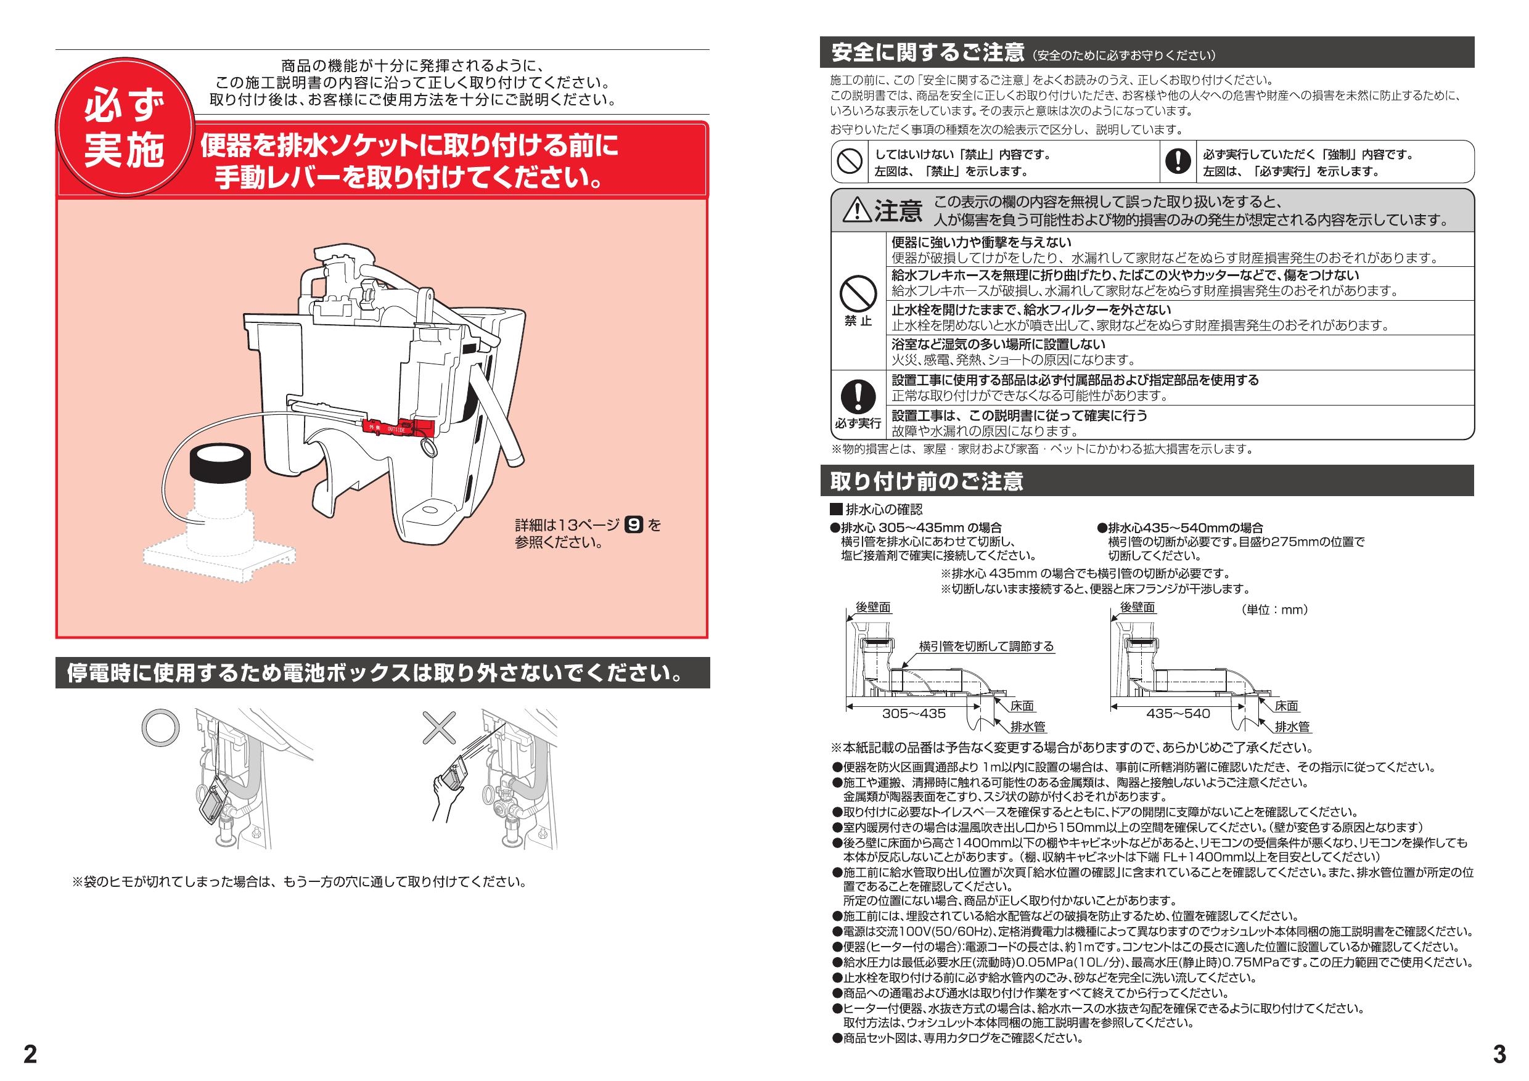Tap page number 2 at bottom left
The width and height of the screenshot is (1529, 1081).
pos(31,1054)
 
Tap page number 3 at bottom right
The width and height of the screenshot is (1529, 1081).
pos(1499,1054)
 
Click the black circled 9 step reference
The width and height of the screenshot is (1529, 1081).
pos(634,525)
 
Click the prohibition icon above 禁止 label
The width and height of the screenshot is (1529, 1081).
pos(857,293)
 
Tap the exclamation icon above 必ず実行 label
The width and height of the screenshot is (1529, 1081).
pos(857,397)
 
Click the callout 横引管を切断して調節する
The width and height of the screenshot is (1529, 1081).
pos(986,646)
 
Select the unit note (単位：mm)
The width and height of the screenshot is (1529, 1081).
pos(1274,609)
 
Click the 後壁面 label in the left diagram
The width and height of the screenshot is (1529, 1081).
pos(872,607)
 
